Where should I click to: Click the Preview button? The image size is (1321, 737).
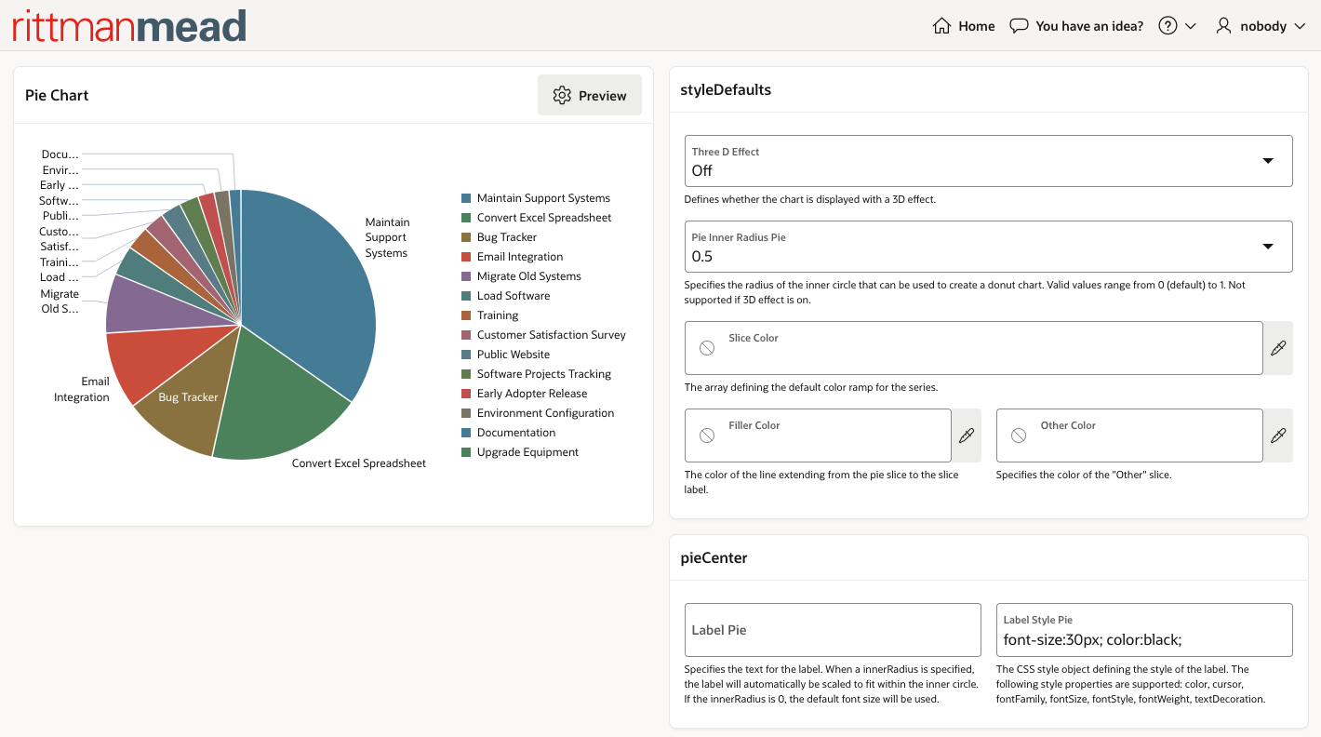click(590, 95)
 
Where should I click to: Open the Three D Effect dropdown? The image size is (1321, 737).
click(988, 161)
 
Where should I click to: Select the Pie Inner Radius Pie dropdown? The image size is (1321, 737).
click(988, 247)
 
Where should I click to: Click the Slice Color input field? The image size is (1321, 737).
click(973, 348)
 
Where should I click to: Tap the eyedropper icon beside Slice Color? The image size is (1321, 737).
click(1278, 348)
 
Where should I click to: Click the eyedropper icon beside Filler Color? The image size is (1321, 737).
click(967, 435)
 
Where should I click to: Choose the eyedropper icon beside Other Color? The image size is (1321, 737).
click(1278, 435)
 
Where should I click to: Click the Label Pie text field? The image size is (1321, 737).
click(833, 630)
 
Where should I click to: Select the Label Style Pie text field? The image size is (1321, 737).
click(1144, 630)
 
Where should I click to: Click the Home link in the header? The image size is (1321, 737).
click(965, 26)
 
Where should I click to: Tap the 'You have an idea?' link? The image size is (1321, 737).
click(1077, 26)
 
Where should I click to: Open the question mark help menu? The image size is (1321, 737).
click(1177, 26)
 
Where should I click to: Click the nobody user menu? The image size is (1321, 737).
click(1261, 26)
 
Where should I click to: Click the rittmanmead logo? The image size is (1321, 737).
click(129, 26)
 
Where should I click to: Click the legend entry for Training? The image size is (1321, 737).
click(498, 315)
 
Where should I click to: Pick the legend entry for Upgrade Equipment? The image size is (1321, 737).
click(527, 452)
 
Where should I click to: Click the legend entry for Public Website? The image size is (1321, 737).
click(513, 355)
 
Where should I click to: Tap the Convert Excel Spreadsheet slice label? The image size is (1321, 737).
click(359, 463)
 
